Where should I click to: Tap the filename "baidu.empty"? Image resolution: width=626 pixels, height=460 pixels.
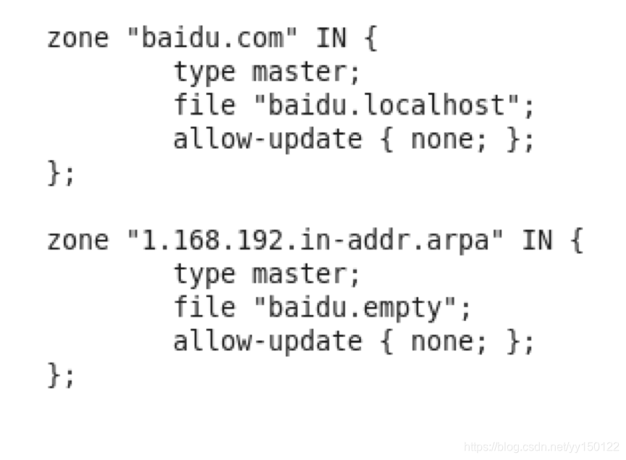pos(362,308)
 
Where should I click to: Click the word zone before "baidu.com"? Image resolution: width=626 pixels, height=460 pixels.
pos(78,38)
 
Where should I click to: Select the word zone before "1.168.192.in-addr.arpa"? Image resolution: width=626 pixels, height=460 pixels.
pos(78,240)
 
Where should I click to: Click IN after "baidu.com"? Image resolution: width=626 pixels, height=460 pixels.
pos(331,38)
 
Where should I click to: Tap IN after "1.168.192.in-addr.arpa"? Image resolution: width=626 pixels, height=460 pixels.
pos(537,240)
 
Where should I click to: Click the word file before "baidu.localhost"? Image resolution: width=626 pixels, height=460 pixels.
pos(205,106)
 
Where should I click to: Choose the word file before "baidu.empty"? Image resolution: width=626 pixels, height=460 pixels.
pos(205,308)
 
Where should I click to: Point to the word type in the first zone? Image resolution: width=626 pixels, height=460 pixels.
pos(205,72)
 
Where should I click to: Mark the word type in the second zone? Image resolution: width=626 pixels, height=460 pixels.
pos(205,274)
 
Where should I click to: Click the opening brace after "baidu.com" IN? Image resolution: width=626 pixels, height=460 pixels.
pos(370,38)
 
